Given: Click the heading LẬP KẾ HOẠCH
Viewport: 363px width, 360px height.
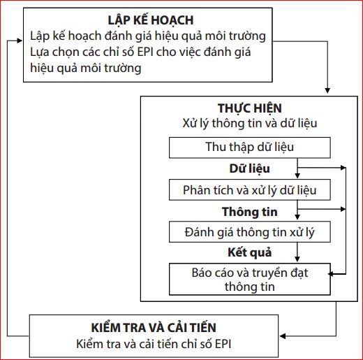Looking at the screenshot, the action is coord(151,20).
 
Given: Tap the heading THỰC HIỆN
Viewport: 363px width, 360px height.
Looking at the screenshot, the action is coord(250,108).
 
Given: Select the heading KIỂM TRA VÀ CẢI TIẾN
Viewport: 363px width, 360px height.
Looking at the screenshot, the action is coord(154,327).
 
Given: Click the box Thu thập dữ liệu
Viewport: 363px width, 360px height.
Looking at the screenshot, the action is coord(250,147).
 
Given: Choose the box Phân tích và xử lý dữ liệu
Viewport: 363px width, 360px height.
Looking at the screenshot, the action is coord(250,189).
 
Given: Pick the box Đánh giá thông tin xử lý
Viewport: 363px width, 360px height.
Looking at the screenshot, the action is coord(250,232).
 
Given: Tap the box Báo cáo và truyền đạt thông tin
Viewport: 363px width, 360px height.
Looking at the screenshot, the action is coord(250,279).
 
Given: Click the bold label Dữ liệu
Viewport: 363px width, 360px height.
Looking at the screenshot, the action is coord(250,168).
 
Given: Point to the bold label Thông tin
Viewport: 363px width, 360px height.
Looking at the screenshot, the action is coord(250,212).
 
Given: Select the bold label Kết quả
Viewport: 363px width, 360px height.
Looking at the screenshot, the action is coord(250,252).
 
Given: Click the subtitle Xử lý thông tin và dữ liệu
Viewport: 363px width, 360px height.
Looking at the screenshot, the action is coord(250,123).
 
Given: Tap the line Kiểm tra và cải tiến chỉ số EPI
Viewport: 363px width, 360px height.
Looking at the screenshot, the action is coord(154,344).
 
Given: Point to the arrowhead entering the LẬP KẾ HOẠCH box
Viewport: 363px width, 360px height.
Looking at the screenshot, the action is coord(20,41).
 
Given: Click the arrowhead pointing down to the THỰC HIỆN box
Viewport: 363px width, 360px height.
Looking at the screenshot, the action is coord(327,91).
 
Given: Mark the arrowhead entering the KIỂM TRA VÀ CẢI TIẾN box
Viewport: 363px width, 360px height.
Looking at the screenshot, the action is coord(283,336).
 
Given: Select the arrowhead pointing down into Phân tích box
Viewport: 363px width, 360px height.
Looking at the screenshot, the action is coord(297,176).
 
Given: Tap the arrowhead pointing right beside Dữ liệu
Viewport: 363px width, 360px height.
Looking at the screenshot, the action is coord(343,168).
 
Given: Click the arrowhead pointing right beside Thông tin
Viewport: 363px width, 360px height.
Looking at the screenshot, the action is coord(343,209).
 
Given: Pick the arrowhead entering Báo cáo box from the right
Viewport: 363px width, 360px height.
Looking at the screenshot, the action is coord(331,274).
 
